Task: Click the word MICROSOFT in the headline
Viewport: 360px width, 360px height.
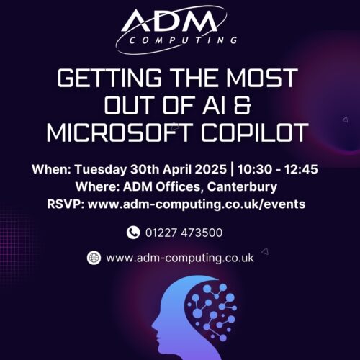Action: pos(117,134)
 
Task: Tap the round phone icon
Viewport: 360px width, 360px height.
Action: pos(133,233)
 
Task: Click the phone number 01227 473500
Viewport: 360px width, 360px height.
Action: pos(183,233)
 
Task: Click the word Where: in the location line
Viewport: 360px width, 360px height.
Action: pos(93,187)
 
